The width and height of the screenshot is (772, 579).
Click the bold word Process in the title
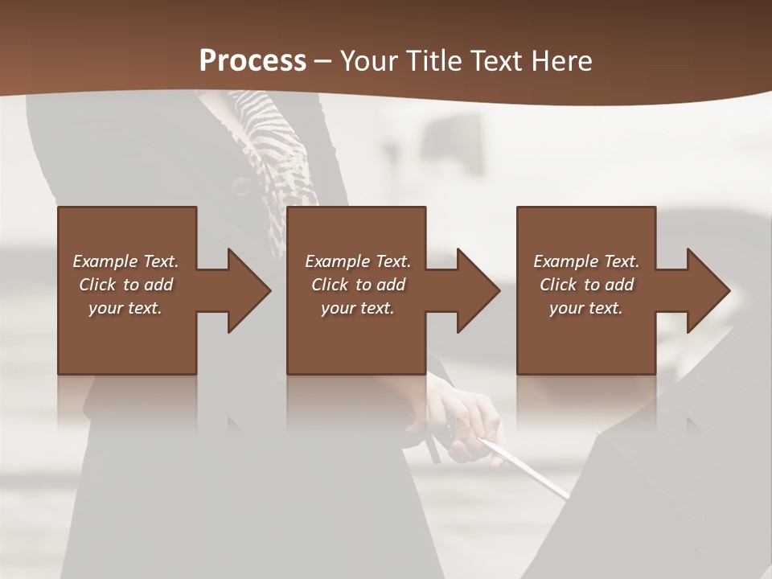pos(253,61)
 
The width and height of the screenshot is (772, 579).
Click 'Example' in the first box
pos(105,261)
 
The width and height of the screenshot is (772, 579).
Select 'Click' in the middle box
pos(330,285)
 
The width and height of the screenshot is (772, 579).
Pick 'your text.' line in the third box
pos(585,308)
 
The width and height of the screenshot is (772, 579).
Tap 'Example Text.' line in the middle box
pos(357,261)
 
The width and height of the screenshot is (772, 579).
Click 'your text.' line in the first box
pos(125,308)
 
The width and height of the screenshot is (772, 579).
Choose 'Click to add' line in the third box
pos(586,285)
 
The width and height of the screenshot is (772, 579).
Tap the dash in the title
pos(322,61)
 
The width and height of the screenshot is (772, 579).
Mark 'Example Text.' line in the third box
pos(586,261)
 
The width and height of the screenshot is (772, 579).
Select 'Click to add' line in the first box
pos(125,285)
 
